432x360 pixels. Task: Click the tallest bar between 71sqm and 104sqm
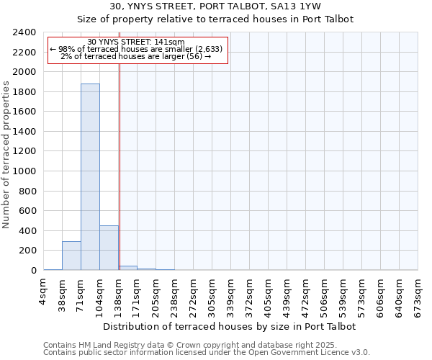tap(90, 176)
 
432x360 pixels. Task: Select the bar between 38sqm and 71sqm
tap(71, 256)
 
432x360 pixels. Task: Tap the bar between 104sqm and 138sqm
tap(109, 248)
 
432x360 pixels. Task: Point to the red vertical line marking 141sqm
tap(120, 166)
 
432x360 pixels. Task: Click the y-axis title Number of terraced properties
tap(6, 155)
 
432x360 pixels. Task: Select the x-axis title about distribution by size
tap(230, 326)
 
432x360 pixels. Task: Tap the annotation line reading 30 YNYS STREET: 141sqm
tap(136, 42)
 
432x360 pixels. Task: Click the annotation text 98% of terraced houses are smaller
tap(136, 49)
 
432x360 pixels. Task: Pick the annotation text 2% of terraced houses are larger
tap(136, 56)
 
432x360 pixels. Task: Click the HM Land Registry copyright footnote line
tap(194, 345)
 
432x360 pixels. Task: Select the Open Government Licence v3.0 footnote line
tap(207, 352)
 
